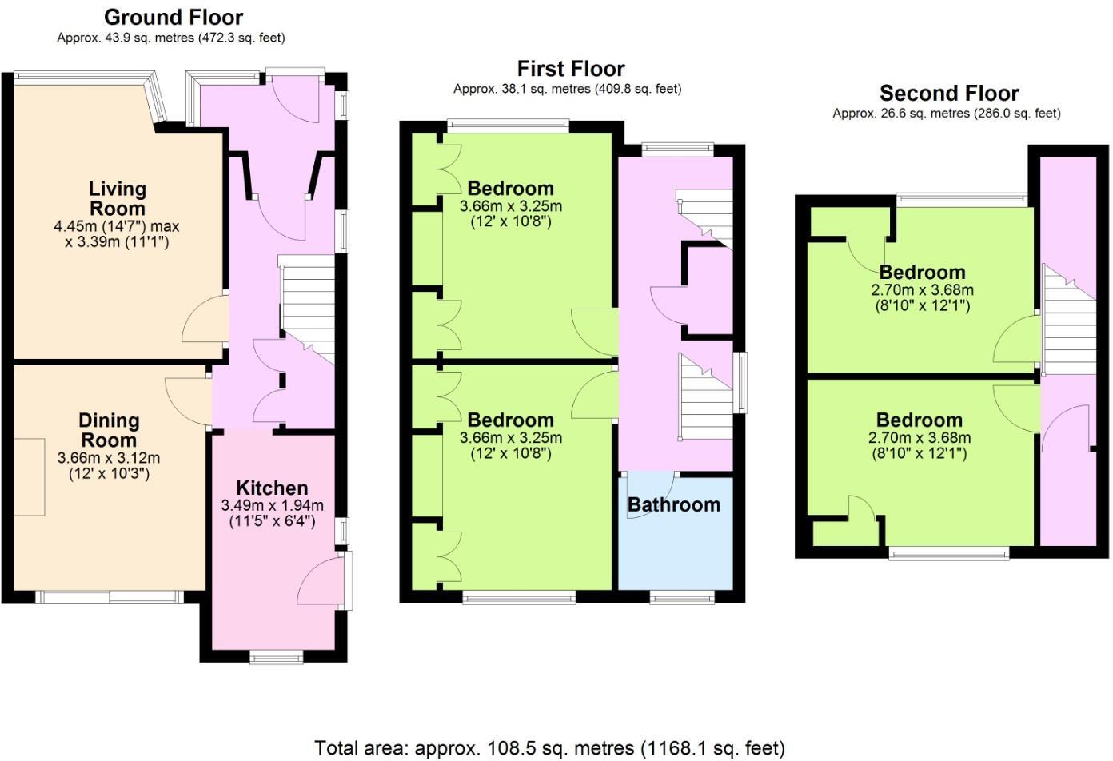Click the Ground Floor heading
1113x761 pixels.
pos(173,17)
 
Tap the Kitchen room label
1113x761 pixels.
pos(272,488)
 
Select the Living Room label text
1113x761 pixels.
pos(117,198)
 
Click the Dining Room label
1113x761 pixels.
pos(109,430)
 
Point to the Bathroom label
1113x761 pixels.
pos(674,505)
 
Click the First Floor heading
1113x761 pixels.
pos(570,69)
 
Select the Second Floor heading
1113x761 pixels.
pos(949,93)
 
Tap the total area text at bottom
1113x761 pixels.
pos(549,748)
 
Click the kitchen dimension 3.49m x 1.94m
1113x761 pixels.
pos(272,506)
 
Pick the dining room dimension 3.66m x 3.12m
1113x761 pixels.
pos(109,459)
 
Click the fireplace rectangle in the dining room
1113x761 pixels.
pos(30,476)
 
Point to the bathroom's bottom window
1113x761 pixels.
pos(682,596)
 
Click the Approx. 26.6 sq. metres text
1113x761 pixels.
pos(947,114)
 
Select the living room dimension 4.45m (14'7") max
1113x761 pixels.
pos(117,226)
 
